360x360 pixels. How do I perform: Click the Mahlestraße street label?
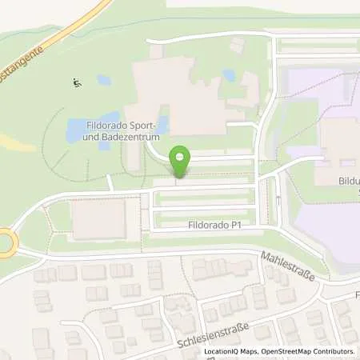tap(287, 266)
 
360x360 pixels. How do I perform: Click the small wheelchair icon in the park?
tap(76, 82)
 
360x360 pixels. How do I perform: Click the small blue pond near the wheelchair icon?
tap(103, 80)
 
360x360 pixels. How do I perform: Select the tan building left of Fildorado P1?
tap(98, 218)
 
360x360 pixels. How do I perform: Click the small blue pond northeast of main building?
tap(230, 76)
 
